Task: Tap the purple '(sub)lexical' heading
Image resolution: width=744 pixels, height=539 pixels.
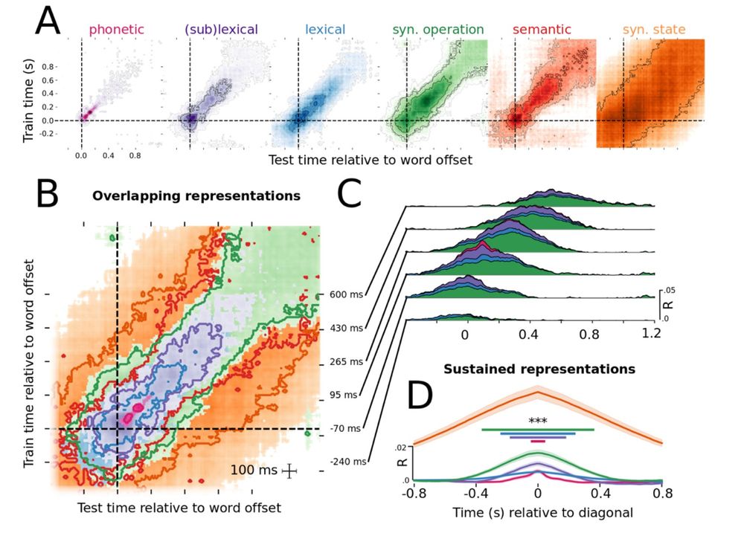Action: click(x=221, y=30)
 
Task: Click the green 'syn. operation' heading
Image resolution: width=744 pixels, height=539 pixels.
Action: click(x=437, y=30)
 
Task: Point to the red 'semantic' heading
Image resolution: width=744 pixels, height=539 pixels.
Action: click(x=542, y=30)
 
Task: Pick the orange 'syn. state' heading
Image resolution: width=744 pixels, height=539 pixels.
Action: click(x=654, y=30)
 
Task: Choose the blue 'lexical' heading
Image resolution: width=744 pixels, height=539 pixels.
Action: click(x=326, y=30)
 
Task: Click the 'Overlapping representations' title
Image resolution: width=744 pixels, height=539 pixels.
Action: click(x=196, y=197)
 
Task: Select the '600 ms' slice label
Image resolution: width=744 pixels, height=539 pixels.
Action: click(x=346, y=294)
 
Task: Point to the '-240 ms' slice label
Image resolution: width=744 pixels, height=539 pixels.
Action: click(x=348, y=462)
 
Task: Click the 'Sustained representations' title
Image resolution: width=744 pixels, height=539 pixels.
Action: click(x=539, y=368)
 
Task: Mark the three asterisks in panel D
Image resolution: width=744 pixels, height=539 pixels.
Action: click(x=538, y=422)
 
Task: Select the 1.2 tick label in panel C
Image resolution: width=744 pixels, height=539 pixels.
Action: click(x=651, y=335)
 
